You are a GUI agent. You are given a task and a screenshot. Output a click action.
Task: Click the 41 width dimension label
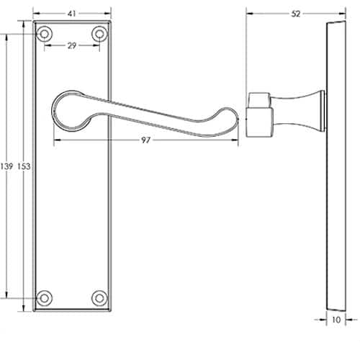tap(72, 14)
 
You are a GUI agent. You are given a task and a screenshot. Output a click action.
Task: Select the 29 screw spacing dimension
tap(72, 45)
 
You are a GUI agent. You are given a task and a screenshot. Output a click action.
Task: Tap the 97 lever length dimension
tap(145, 140)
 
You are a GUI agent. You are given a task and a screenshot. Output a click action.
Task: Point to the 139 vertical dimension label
tap(6, 166)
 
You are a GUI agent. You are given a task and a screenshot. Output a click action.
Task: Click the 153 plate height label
tap(24, 166)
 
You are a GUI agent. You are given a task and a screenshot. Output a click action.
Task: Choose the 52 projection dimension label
tap(296, 14)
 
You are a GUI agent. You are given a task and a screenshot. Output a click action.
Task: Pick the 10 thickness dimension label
tap(336, 320)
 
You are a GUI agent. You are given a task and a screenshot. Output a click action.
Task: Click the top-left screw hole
tap(44, 34)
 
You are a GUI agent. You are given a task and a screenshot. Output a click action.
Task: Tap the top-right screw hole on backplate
tap(99, 34)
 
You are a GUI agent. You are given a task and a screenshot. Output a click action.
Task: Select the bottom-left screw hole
tap(44, 298)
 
